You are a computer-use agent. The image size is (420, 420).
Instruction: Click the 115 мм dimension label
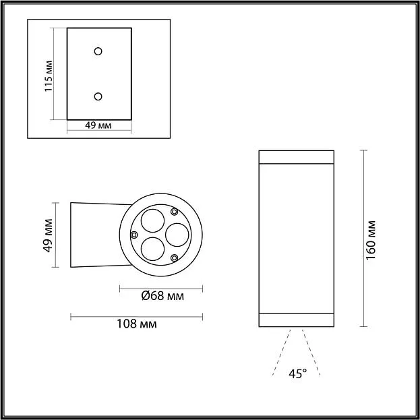point(49,76)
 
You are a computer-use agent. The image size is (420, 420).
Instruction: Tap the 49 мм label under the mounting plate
point(98,125)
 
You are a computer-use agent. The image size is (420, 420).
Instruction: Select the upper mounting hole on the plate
point(98,51)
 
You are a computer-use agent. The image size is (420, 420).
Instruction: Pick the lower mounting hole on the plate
point(98,96)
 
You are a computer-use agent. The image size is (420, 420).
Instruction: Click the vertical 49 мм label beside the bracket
point(48,235)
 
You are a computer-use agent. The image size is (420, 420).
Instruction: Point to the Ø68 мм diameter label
point(162,296)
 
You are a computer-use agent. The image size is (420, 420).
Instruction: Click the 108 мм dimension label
point(137,324)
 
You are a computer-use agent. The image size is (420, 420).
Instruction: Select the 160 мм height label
point(371,240)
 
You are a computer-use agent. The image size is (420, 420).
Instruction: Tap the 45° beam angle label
point(298,373)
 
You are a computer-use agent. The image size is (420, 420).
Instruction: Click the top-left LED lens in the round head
point(152,220)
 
